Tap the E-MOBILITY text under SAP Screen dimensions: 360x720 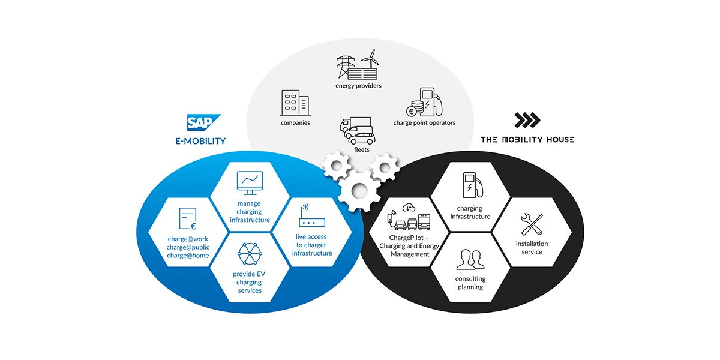pos(197,141)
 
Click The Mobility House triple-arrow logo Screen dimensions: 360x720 pos(527,121)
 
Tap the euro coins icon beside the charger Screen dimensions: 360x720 pos(414,110)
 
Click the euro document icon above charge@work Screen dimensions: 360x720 pos(188,219)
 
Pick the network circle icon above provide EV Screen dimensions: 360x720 pos(250,254)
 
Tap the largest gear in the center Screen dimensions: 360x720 pos(358,191)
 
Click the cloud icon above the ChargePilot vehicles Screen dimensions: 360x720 pos(409,208)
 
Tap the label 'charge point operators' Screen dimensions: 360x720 pos(424,123)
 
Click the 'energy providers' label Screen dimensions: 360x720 pos(358,86)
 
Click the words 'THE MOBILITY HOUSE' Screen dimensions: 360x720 pos(527,140)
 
